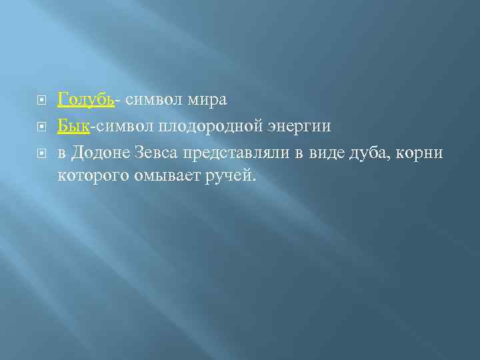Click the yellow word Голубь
click(86, 100)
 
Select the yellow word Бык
click(74, 126)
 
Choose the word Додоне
click(105, 153)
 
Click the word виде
click(323, 153)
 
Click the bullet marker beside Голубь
click(41, 101)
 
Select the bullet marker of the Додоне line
click(41, 154)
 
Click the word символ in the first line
click(151, 100)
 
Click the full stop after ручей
click(253, 182)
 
